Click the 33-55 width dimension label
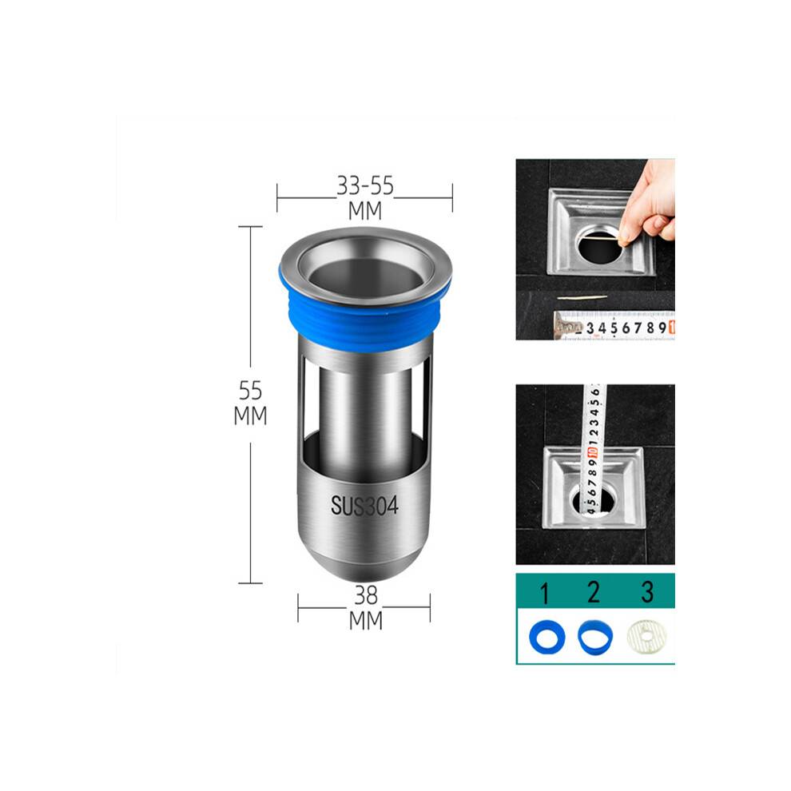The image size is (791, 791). point(365,185)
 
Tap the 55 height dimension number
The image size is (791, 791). point(250,390)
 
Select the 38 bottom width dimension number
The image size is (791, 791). point(366,595)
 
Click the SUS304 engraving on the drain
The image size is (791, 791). point(364,506)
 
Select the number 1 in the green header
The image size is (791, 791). point(544,593)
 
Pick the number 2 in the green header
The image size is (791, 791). point(594,592)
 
